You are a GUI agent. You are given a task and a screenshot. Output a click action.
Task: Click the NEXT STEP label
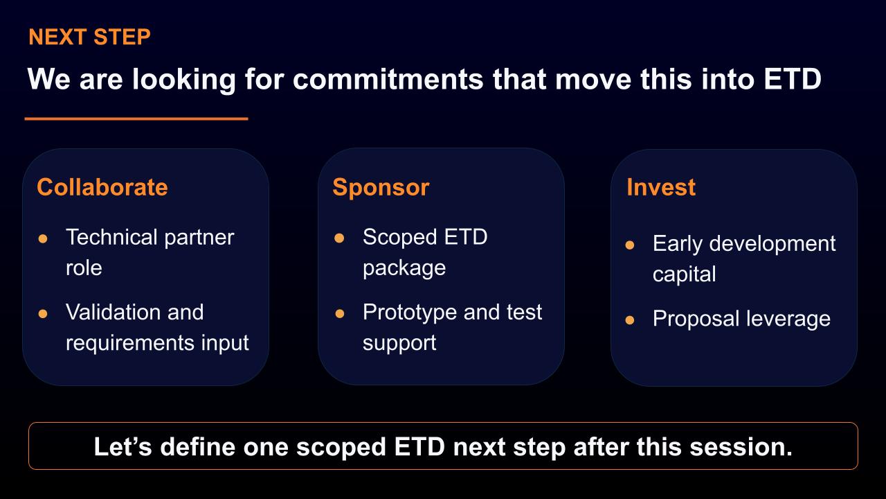pyautogui.click(x=89, y=37)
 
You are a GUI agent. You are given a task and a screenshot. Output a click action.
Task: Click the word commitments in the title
pyautogui.click(x=388, y=79)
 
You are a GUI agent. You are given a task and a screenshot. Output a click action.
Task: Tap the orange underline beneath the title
pyautogui.click(x=136, y=119)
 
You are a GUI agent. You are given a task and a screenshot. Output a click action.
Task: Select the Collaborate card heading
pyautogui.click(x=102, y=187)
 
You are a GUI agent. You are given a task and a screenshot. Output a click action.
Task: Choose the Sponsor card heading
pyautogui.click(x=381, y=187)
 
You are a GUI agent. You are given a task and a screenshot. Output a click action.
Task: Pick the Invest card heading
pyautogui.click(x=661, y=187)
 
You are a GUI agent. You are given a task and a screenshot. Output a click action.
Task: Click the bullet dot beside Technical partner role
pyautogui.click(x=43, y=238)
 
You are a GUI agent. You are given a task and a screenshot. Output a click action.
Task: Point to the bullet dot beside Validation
pyautogui.click(x=43, y=314)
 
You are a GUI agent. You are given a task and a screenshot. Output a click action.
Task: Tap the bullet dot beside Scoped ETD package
pyautogui.click(x=339, y=238)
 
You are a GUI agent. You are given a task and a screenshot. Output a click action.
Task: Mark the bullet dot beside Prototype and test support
pyautogui.click(x=339, y=314)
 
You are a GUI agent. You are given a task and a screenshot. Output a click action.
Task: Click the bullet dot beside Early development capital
pyautogui.click(x=630, y=245)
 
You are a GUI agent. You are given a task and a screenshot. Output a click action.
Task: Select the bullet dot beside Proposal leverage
pyautogui.click(x=630, y=319)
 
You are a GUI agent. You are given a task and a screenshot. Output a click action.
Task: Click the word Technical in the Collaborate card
pyautogui.click(x=111, y=237)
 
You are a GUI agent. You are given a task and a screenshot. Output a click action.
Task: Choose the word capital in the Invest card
pyautogui.click(x=685, y=274)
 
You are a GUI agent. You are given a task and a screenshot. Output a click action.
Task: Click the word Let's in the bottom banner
pyautogui.click(x=123, y=447)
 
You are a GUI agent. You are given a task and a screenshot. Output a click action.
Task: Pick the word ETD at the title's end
pyautogui.click(x=793, y=79)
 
